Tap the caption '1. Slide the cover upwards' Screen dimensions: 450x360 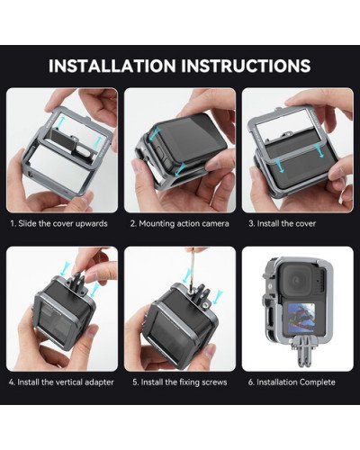coord(60,222)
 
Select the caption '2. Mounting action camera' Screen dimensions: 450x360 coord(179,222)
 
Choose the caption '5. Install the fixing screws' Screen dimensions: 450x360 coord(179,382)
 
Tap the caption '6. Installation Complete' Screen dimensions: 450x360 coord(296,382)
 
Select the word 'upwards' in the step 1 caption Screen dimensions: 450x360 coord(94,222)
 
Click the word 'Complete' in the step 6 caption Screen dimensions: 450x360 coord(319,382)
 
